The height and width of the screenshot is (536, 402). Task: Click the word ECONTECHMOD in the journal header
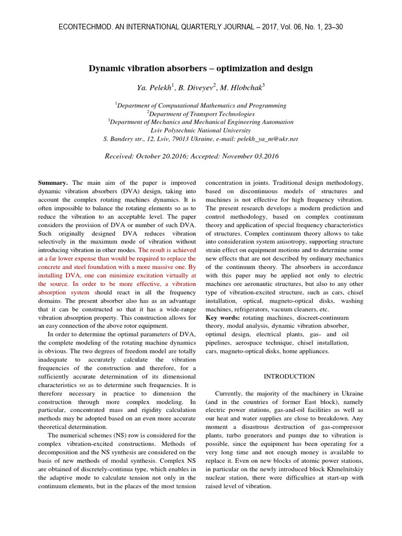click(x=81, y=27)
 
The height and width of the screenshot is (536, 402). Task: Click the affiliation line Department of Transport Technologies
click(x=202, y=114)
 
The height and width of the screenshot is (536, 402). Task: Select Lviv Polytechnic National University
click(x=200, y=130)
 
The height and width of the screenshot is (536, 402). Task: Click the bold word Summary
click(x=53, y=183)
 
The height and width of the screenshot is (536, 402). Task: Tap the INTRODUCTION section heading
click(x=289, y=376)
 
